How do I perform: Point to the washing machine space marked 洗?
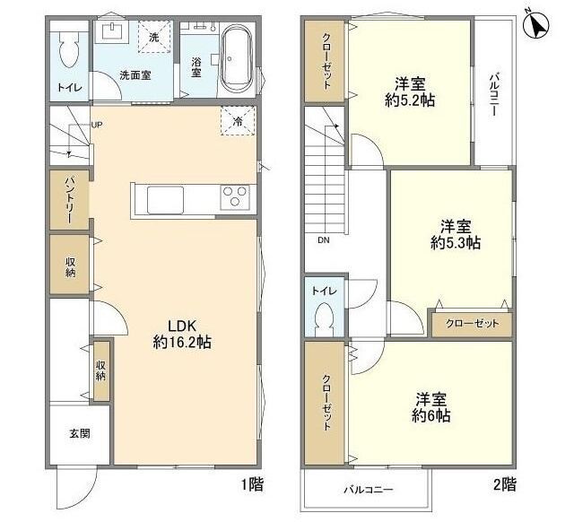154,37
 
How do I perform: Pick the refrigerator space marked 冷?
238,121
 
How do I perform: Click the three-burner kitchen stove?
235,197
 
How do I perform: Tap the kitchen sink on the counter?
165,199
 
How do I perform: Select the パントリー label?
70,200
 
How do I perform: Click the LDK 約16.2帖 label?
182,333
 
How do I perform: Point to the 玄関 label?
80,433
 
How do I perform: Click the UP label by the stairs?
97,125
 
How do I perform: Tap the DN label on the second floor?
324,240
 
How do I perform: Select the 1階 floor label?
252,484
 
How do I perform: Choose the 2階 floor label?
505,484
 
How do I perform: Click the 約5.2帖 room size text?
410,100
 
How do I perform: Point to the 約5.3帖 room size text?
456,242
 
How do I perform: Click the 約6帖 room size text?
430,415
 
